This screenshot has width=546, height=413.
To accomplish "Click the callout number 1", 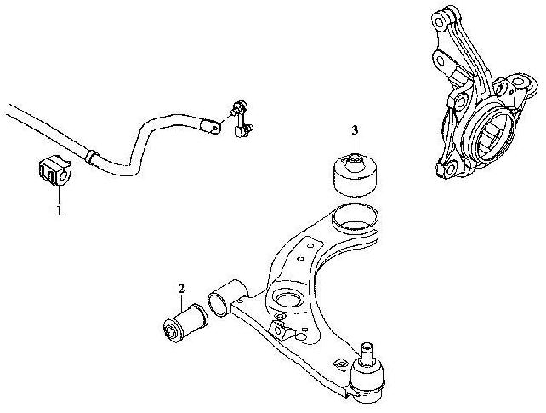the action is tap(60, 210).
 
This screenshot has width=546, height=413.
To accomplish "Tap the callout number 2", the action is tap(181, 289).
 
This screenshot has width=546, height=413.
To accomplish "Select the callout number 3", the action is tap(355, 130).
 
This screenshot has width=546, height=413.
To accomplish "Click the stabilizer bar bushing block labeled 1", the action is tap(54, 169).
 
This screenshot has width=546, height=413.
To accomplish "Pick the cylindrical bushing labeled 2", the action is tap(185, 323).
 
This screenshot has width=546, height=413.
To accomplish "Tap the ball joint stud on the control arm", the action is tap(367, 353).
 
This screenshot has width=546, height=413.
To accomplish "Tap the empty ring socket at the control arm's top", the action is tap(355, 218).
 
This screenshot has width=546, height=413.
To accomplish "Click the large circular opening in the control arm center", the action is tap(288, 300).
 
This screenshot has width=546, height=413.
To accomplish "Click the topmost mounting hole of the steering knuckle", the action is tap(439, 21).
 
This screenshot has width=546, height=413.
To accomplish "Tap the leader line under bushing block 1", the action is tap(60, 195).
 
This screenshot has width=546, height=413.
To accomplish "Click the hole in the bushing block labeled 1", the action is tap(63, 174).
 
